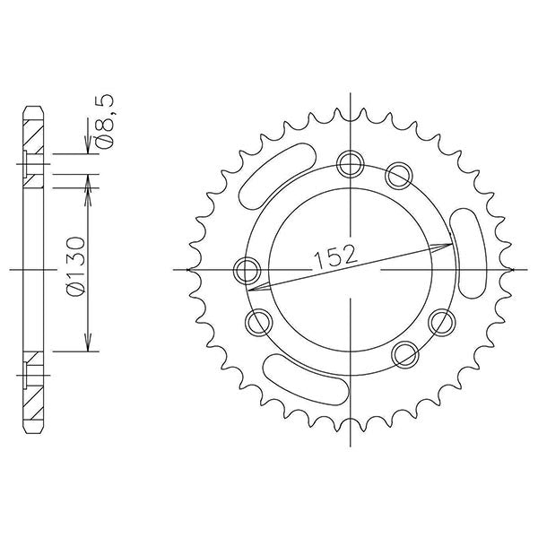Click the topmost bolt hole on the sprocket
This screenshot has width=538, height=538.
point(350,162)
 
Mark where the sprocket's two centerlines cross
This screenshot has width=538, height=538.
point(350,269)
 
